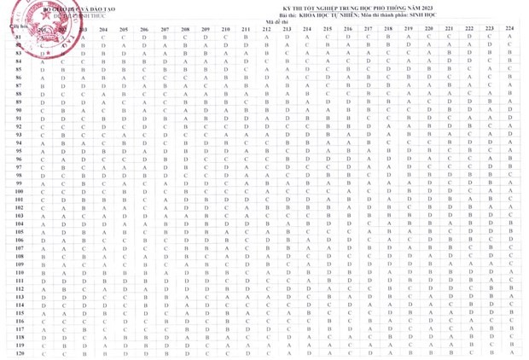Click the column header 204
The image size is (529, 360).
103,30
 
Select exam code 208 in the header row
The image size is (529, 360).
186,30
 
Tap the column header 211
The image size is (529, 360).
246,30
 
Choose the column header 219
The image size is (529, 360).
408,30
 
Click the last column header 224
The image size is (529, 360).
509,30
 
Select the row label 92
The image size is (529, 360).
19,127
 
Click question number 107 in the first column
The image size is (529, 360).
19,248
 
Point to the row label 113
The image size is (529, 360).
19,296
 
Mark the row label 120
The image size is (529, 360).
19,352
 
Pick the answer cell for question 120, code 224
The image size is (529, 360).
509,352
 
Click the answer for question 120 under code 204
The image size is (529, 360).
103,352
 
